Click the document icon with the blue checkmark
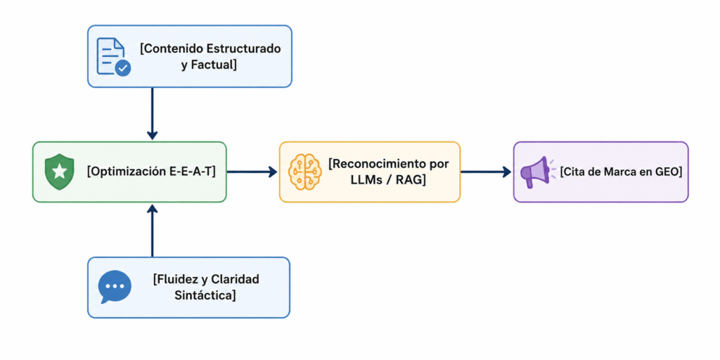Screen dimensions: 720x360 [113, 56]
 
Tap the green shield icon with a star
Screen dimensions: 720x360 [59, 172]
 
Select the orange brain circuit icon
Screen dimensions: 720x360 [304, 172]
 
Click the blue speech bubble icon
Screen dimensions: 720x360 [115, 287]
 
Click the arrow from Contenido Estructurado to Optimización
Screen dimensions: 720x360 [153, 114]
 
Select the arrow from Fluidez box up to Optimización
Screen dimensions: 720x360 [153, 231]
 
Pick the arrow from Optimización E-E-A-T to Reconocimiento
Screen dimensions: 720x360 [252, 172]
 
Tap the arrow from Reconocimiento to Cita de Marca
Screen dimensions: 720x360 [486, 172]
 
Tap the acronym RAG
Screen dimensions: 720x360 [413, 181]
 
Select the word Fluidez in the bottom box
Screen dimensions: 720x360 [173, 278]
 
